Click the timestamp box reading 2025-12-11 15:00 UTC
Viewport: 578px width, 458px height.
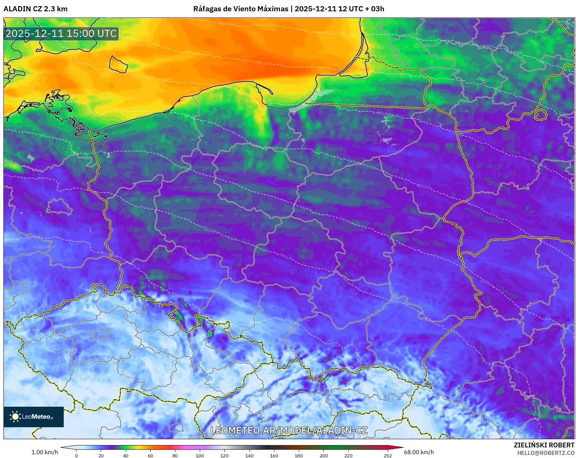click(61, 34)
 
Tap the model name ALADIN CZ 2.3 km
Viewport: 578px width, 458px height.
click(35, 9)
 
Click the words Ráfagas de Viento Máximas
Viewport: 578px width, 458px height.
click(241, 9)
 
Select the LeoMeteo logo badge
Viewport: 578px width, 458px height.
click(34, 417)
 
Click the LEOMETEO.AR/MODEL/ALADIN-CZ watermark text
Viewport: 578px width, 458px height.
click(289, 430)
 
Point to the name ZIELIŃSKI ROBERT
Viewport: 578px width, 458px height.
click(544, 445)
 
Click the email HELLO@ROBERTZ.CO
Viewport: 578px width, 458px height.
click(545, 453)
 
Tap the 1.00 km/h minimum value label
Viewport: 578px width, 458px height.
click(45, 452)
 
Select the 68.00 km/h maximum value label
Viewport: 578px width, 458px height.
click(419, 452)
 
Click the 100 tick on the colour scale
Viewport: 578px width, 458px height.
click(200, 455)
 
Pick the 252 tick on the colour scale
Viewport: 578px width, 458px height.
click(388, 455)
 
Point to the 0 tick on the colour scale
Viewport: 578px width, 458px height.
click(76, 455)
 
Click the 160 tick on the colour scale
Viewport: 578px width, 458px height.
click(274, 455)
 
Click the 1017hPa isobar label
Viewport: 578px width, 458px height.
click(425, 187)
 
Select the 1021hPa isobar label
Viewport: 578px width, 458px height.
click(211, 231)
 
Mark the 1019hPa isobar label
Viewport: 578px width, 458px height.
click(487, 283)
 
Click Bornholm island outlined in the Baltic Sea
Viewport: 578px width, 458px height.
click(118, 64)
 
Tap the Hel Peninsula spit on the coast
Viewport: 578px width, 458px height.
click(265, 87)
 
